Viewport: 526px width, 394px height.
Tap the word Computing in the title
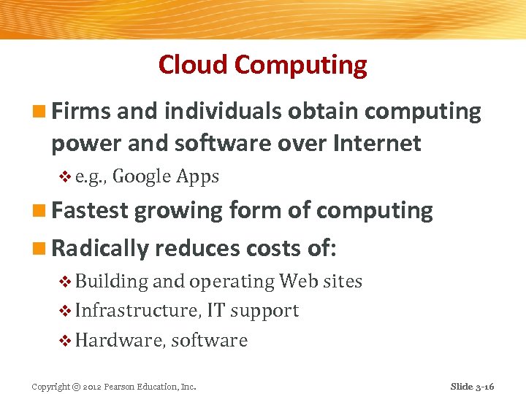[301, 66]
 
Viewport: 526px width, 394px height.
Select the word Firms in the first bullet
[80, 112]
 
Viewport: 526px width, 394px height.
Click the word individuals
[224, 112]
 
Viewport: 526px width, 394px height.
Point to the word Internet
[377, 143]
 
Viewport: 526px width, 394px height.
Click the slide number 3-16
[482, 386]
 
